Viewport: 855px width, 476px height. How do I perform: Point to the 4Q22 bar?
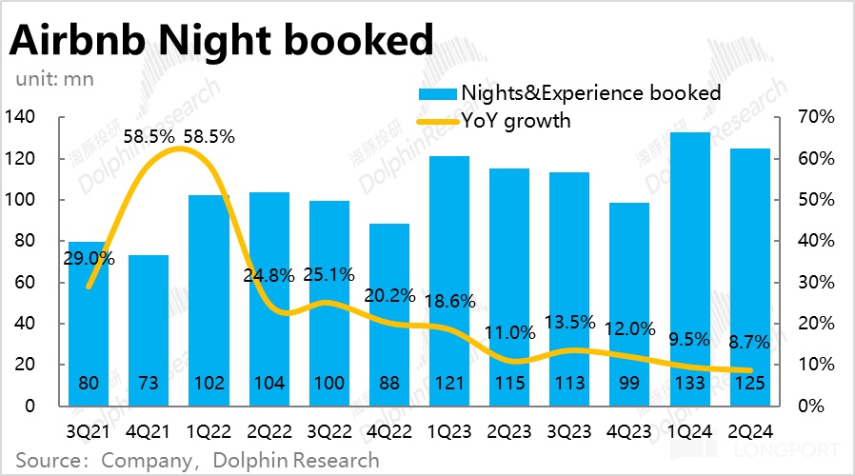pos(388,314)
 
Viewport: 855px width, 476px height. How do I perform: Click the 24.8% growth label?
pos(269,275)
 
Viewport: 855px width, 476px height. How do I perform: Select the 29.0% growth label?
pos(89,258)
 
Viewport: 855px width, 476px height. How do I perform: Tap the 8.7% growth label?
pos(747,341)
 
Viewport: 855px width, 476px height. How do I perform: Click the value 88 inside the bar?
pos(388,384)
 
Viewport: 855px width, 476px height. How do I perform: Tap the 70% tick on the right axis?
pos(818,117)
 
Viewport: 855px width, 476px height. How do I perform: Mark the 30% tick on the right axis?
pos(818,282)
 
